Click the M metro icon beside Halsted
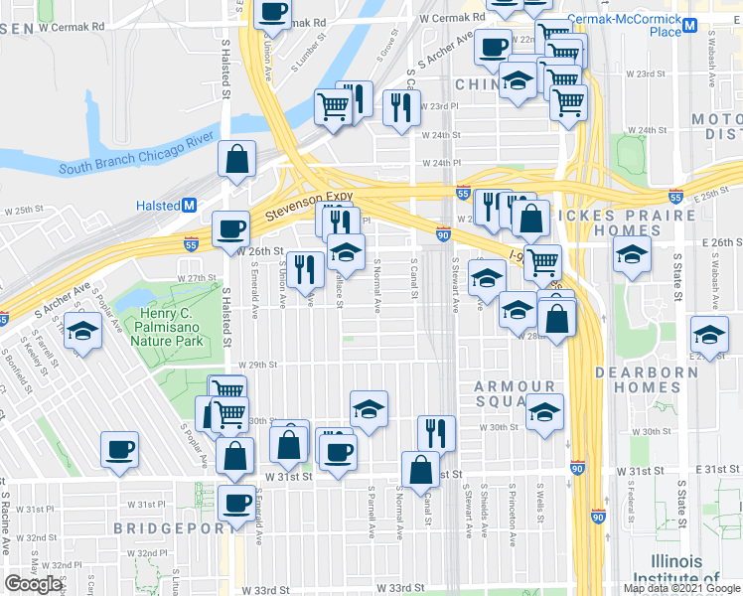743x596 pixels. pos(188,206)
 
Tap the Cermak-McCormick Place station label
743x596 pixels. pos(623,26)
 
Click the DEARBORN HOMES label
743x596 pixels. pos(667,372)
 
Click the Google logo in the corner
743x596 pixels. pos(33,584)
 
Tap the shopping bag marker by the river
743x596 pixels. pos(237,160)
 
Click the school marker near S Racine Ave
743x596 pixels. pos(82,332)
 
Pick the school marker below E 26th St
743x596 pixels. pos(632,253)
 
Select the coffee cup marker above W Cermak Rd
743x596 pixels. pos(272,12)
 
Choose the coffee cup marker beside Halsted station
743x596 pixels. pos(231,228)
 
